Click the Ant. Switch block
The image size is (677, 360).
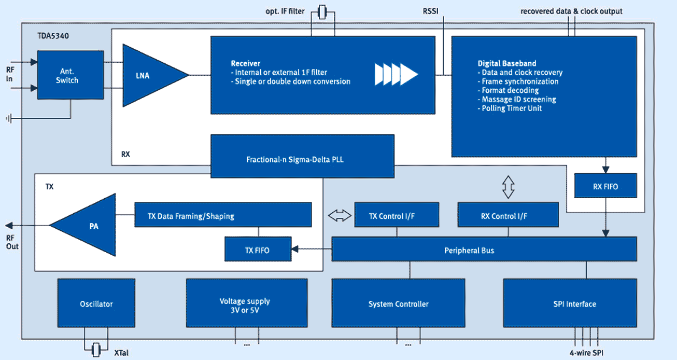click(70, 75)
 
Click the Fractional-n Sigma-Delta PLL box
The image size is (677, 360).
click(302, 156)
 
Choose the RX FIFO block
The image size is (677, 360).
click(605, 186)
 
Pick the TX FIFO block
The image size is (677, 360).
click(258, 249)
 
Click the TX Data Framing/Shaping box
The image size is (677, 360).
click(223, 215)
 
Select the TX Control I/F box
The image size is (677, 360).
click(397, 215)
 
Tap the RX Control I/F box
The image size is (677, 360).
click(508, 215)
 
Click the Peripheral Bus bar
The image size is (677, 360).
click(484, 249)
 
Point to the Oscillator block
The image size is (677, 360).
click(96, 303)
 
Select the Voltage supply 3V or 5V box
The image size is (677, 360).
click(247, 303)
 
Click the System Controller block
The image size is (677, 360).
click(398, 303)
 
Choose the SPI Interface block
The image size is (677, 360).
click(570, 303)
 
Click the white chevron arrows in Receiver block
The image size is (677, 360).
click(396, 74)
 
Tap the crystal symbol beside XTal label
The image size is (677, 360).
click(96, 350)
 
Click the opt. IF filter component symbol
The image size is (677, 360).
click(322, 12)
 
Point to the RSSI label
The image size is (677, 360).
click(430, 11)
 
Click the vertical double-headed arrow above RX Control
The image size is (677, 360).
click(509, 187)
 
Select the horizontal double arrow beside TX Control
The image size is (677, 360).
click(340, 216)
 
